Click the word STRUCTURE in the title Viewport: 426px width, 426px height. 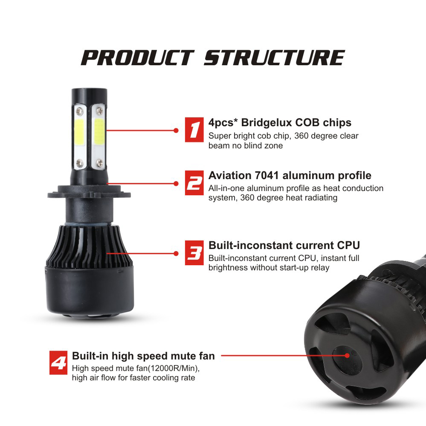pos(274,58)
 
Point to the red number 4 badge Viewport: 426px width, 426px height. pos(58,362)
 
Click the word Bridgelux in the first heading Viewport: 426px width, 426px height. pos(264,123)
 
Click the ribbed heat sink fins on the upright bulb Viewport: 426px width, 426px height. pos(90,243)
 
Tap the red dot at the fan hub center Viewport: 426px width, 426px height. pos(347,355)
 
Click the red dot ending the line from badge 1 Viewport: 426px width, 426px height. pos(176,130)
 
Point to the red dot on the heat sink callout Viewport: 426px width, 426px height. pos(176,253)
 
